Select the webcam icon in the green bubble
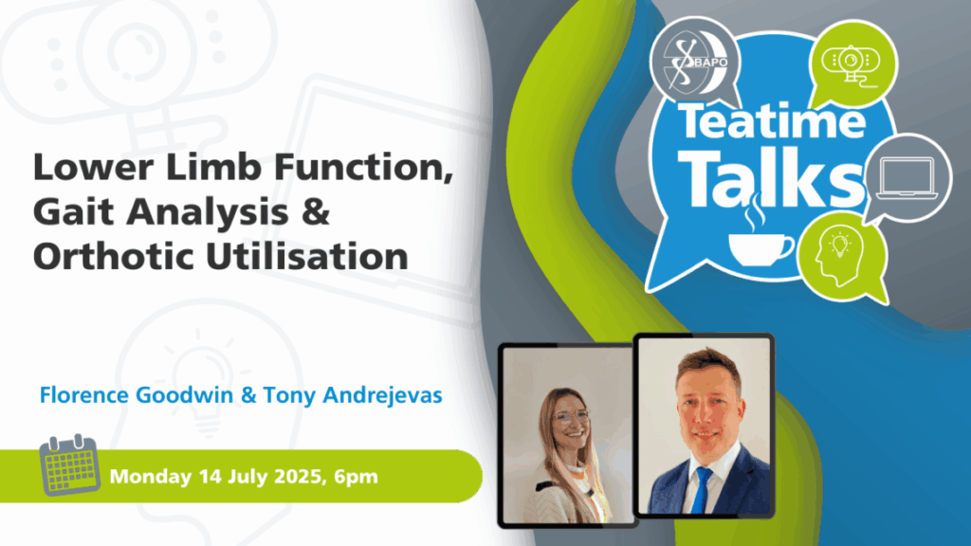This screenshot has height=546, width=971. point(851,64)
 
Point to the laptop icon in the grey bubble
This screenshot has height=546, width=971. point(907,178)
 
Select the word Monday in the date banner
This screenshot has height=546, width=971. point(151,477)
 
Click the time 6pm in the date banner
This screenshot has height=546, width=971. point(356,478)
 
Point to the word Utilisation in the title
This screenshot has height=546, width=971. point(307,256)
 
